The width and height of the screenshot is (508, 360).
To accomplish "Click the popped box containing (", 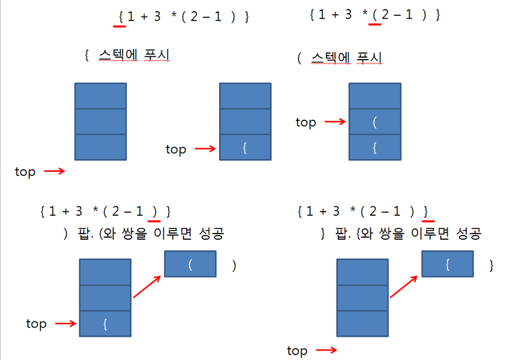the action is [190, 264].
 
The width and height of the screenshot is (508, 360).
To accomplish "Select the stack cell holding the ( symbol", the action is [375, 122].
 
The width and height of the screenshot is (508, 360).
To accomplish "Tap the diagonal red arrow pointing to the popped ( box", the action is [146, 284].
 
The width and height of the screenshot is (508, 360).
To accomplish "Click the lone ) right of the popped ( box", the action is [234, 265].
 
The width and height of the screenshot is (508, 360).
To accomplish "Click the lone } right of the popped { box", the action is [491, 265].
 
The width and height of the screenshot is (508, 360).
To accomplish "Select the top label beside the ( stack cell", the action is [305, 122].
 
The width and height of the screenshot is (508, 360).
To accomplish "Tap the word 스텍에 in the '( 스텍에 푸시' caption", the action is [330, 57].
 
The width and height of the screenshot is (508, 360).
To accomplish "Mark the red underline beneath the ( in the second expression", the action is [374, 23].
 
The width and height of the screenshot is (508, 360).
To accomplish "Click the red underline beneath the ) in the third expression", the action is [154, 221].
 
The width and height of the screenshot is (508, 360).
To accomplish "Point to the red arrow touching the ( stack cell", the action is [334, 122].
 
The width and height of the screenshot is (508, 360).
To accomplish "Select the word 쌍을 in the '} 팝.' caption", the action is [380, 234].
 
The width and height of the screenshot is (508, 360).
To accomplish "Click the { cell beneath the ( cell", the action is [375, 147].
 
